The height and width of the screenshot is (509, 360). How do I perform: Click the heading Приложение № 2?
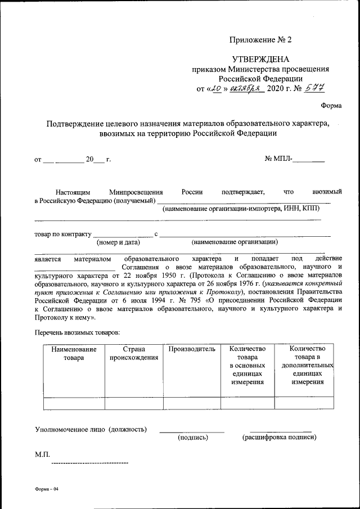261,39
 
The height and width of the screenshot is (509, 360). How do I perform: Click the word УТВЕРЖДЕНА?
261,59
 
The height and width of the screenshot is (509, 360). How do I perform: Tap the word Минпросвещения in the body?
136,192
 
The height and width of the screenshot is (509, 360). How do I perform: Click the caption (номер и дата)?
118,242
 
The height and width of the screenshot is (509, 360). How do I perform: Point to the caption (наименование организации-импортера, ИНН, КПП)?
241,208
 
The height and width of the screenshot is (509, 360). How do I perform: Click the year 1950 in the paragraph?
174,276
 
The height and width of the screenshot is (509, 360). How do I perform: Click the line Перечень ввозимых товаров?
77,333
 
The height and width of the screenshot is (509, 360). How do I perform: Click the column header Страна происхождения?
133,354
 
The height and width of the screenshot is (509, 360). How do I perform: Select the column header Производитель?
192,349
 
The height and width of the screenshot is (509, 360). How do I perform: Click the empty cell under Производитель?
192,403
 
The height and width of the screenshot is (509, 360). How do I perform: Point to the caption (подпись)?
193,437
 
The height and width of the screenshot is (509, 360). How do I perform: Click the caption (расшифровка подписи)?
279,437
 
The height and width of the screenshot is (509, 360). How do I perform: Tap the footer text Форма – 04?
47,489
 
